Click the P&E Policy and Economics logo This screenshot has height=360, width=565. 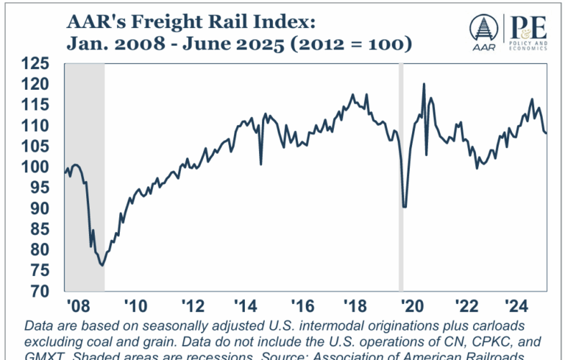click(x=527, y=30)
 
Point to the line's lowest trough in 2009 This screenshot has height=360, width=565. click(x=102, y=265)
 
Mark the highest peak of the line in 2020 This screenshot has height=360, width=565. click(x=424, y=84)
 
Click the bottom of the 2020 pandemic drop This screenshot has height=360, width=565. click(x=405, y=207)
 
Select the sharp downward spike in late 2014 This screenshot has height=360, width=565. click(x=261, y=163)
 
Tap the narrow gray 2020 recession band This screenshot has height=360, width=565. click(x=401, y=177)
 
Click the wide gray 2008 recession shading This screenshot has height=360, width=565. click(x=85, y=177)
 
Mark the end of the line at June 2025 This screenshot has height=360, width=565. click(x=545, y=133)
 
